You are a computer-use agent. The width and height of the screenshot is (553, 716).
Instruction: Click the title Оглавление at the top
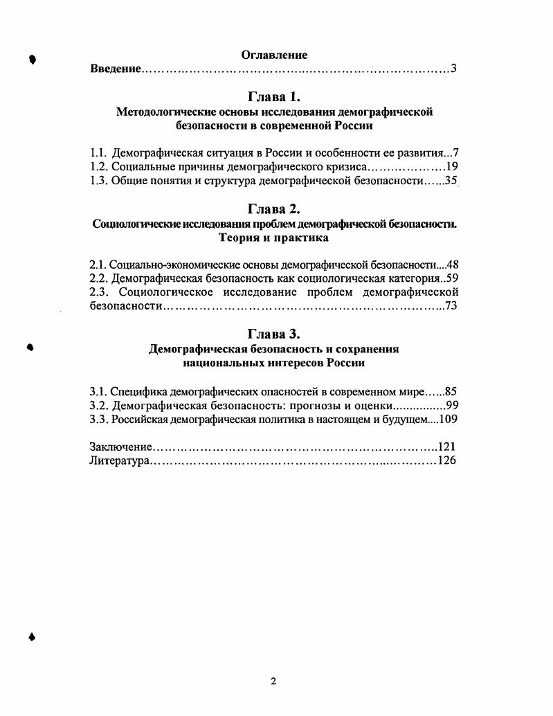pyautogui.click(x=274, y=55)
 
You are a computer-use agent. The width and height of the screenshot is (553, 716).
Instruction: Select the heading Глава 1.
pyautogui.click(x=274, y=96)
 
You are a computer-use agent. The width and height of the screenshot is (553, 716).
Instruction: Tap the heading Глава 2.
pyautogui.click(x=274, y=208)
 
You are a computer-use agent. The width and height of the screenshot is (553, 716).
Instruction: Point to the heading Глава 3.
pyautogui.click(x=274, y=334)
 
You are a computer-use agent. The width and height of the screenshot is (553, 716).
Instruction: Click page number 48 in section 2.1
pyautogui.click(x=453, y=265)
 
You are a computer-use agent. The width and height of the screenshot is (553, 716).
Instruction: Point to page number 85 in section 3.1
pyautogui.click(x=452, y=391)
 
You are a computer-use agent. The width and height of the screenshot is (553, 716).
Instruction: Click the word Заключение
pyautogui.click(x=120, y=447)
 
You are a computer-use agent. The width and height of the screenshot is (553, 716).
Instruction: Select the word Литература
pyautogui.click(x=120, y=461)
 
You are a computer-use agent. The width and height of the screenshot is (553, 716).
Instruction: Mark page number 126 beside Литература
pyautogui.click(x=447, y=461)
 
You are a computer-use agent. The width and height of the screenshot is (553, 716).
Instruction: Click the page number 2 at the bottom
pyautogui.click(x=273, y=681)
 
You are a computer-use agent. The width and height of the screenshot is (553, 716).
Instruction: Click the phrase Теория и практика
pyautogui.click(x=274, y=238)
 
